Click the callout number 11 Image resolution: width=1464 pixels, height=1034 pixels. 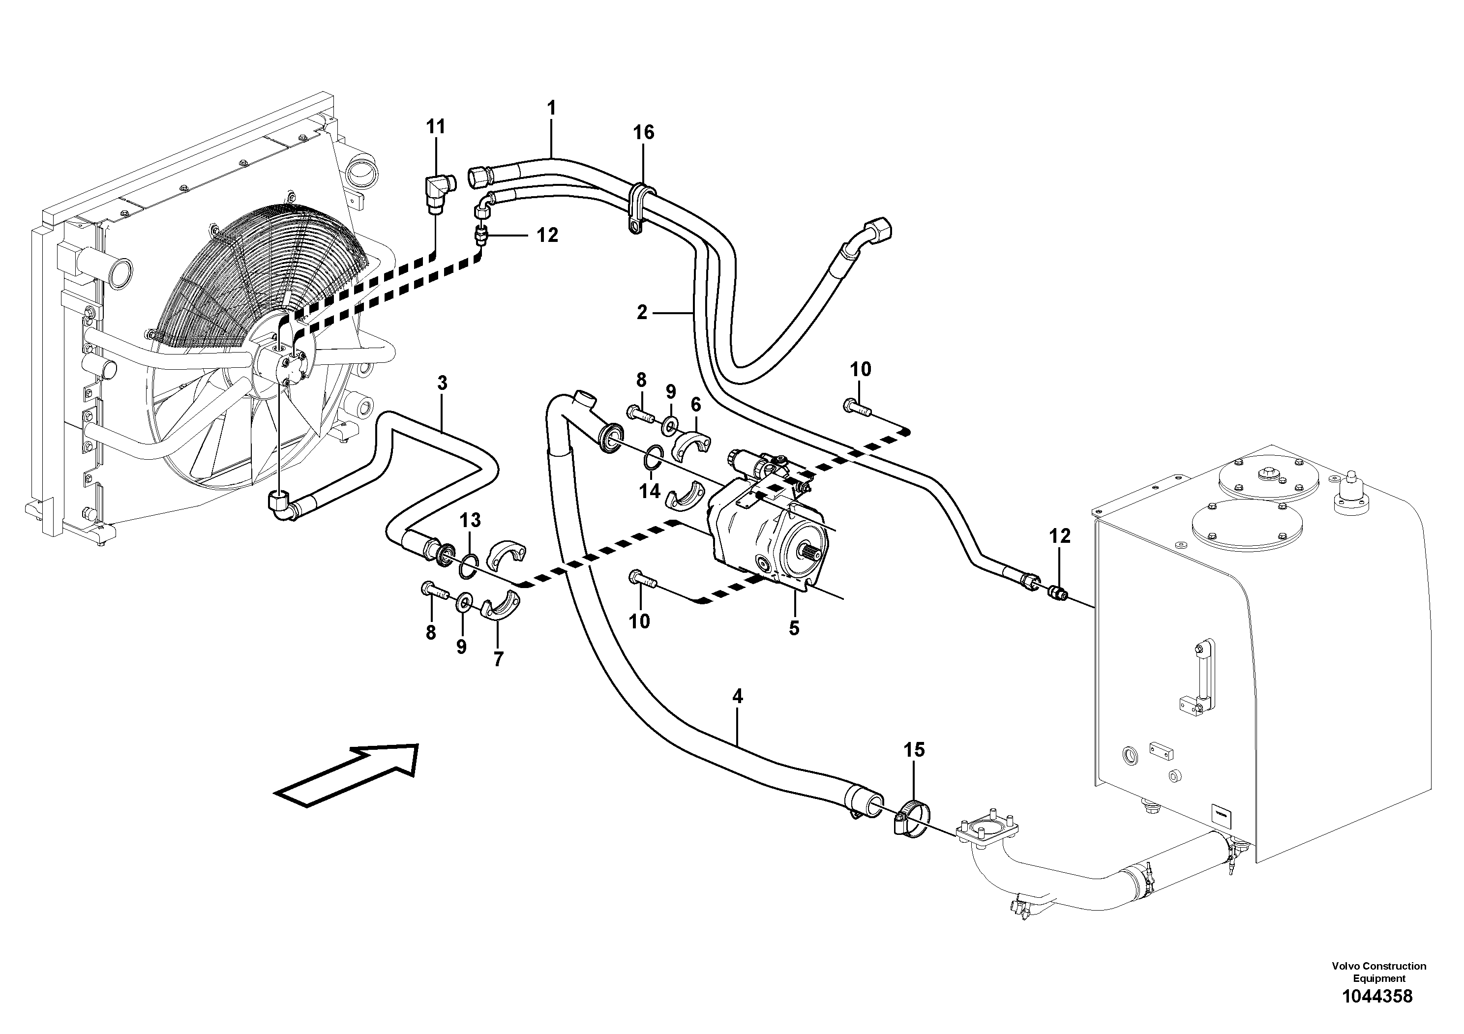coord(436,127)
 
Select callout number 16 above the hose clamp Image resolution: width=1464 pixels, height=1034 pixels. coord(643,133)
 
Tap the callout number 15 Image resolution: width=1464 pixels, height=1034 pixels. coord(914,750)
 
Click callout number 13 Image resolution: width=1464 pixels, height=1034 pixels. coord(471,520)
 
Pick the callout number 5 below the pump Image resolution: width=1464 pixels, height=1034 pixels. coord(794,628)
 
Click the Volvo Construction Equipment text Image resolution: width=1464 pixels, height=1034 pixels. coord(1378,972)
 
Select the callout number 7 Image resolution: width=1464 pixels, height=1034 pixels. coord(499,659)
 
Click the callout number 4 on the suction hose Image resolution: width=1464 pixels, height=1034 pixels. coord(737,697)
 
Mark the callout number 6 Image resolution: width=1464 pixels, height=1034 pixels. coord(696,404)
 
